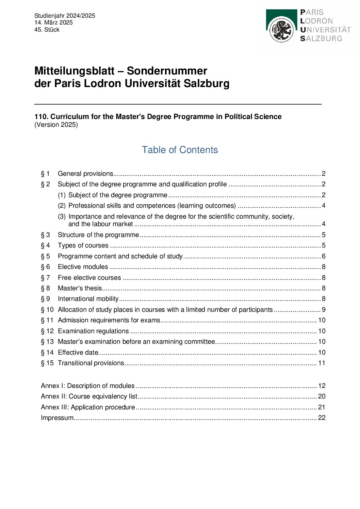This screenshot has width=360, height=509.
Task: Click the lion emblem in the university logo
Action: tap(281, 30)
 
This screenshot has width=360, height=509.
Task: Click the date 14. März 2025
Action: tap(53, 22)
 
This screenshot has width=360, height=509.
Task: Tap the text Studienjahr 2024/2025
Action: tap(65, 16)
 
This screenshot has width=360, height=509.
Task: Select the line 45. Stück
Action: tap(47, 30)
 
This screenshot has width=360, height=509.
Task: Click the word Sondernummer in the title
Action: tap(167, 71)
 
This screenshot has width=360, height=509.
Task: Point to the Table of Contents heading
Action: tap(180, 150)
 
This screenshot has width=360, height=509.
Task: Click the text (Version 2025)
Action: tap(56, 125)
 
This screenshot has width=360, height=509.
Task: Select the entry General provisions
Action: tap(85, 174)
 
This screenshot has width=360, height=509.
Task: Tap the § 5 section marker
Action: tap(45, 256)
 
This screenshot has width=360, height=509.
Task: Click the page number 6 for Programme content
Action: tap(324, 256)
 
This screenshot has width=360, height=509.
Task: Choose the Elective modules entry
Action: tap(83, 267)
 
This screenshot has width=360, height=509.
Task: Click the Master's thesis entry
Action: tap(80, 288)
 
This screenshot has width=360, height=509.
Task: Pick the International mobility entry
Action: tap(88, 299)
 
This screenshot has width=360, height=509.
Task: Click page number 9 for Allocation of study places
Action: tap(324, 310)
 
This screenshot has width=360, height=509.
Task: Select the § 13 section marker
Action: tap(47, 342)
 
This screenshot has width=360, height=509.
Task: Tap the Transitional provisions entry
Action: tap(91, 363)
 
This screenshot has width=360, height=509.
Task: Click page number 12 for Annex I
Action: tap(322, 386)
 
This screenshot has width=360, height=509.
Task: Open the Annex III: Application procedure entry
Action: tap(88, 407)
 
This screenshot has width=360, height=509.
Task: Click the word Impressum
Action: tap(57, 418)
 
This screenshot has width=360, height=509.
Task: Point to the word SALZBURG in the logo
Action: tap(321, 38)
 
